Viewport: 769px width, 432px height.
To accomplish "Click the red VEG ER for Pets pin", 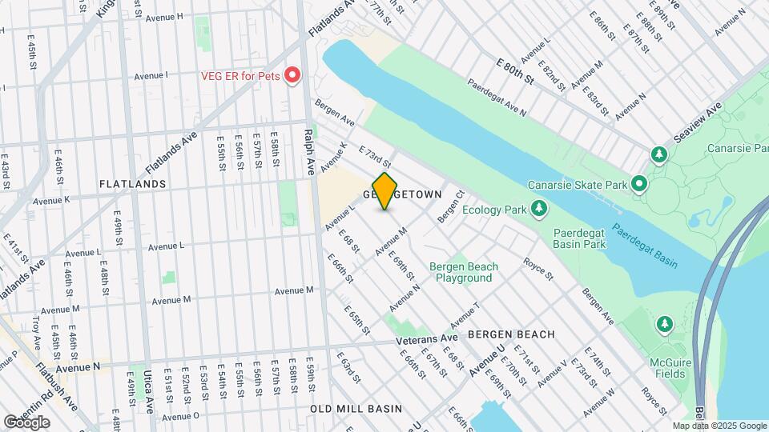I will click(292, 76).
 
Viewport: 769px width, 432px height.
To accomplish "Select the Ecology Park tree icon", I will click(540, 210).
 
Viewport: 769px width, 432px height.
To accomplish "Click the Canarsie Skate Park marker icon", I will click(639, 185).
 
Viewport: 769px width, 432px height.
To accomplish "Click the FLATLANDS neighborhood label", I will click(133, 184).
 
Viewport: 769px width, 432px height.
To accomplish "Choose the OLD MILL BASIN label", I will click(356, 409).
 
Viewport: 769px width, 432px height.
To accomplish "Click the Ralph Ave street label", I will click(308, 151).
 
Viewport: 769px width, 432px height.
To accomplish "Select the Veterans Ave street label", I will click(427, 340).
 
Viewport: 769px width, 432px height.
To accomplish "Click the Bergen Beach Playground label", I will click(464, 272).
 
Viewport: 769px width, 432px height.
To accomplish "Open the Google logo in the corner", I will click(27, 422).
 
